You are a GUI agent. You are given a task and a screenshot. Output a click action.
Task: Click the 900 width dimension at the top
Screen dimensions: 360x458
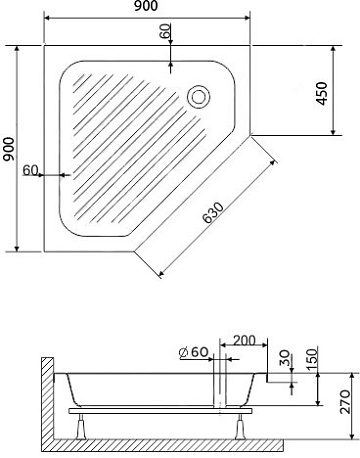click(146, 6)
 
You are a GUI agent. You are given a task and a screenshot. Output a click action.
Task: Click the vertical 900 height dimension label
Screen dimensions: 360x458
click(8, 149)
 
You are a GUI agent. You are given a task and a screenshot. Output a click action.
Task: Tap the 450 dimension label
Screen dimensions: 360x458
click(322, 93)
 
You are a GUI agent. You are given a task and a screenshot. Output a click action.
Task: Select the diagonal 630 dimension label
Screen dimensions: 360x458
click(213, 212)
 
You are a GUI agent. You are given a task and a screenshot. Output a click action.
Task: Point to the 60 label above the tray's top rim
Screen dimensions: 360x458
click(165, 31)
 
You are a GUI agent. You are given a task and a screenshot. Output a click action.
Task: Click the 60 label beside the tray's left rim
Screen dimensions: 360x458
click(30, 170)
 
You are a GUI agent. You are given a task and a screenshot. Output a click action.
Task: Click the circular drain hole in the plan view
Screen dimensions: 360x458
click(199, 97)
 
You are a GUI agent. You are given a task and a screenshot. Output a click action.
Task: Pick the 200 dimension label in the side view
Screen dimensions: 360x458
click(244, 341)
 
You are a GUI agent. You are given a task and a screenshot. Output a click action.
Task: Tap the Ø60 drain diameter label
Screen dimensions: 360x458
click(194, 352)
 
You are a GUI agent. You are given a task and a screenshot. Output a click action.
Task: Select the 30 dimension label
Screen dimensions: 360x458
click(284, 358)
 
